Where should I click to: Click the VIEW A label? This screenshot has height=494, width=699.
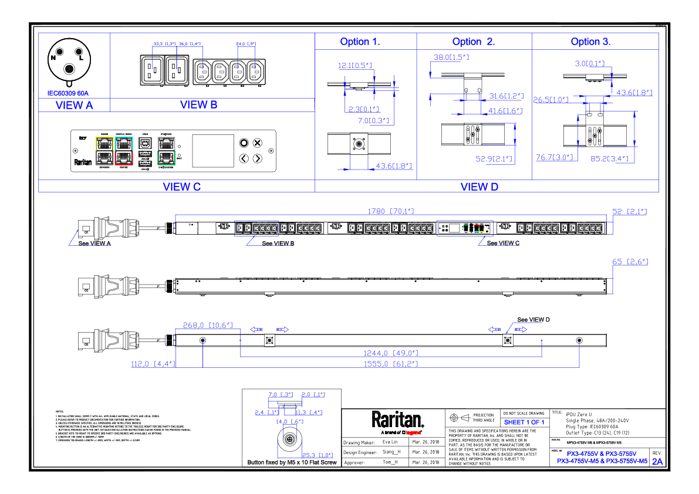[x=74, y=106]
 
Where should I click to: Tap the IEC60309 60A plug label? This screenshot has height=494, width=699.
[x=68, y=93]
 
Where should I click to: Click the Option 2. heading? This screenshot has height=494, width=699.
[x=473, y=42]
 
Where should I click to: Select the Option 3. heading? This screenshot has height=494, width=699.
[x=590, y=42]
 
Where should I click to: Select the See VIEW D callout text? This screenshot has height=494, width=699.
[x=533, y=320]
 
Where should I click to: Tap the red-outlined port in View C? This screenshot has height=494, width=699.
[x=124, y=157]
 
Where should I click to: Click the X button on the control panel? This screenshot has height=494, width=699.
[x=257, y=143]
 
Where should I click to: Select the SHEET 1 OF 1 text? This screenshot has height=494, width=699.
[x=524, y=422]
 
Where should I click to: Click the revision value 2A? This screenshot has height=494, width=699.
[x=657, y=461]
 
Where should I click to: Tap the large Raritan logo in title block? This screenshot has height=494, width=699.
[x=397, y=419]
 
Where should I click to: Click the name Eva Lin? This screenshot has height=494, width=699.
[x=391, y=442]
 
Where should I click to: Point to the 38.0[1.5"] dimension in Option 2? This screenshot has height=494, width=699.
[x=451, y=57]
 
